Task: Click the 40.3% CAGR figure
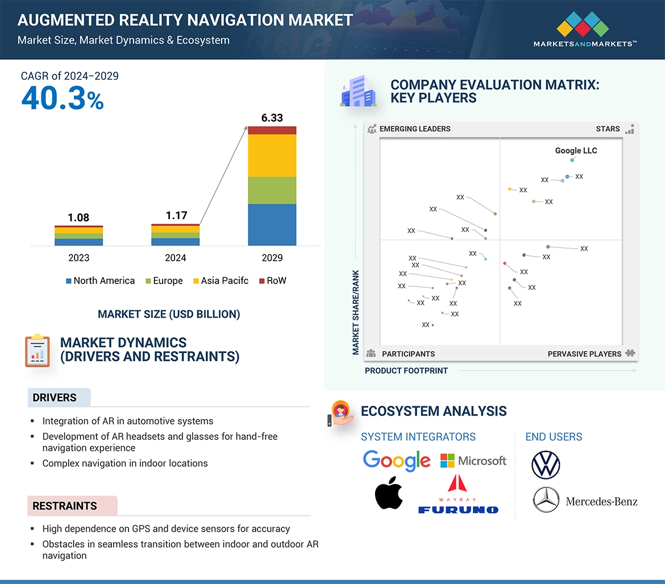(63, 98)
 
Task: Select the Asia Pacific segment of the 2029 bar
(272, 155)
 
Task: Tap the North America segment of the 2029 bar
(272, 225)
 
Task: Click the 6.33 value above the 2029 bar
(272, 118)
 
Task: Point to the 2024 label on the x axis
(175, 258)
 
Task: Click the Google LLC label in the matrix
(576, 151)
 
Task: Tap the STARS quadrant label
(608, 129)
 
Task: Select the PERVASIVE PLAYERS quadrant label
(584, 354)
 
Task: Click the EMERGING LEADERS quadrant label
(414, 129)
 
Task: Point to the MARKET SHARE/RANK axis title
(356, 312)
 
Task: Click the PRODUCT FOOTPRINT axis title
(406, 371)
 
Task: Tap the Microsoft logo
(473, 460)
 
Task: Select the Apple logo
(389, 493)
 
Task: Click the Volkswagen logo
(546, 464)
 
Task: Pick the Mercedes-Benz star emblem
(546, 500)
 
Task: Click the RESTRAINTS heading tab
(65, 506)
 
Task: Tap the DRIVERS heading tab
(55, 398)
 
